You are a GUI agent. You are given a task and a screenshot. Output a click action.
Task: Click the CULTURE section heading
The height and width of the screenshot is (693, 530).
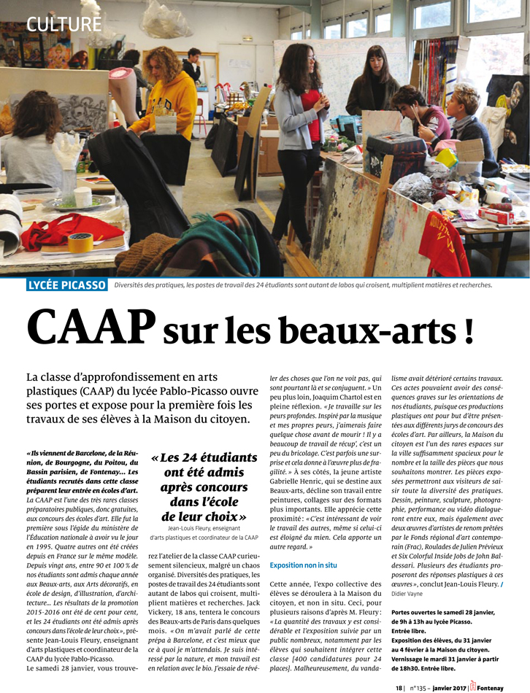[64, 24]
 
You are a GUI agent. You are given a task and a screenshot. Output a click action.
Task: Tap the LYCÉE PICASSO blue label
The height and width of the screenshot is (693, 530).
[67, 284]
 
